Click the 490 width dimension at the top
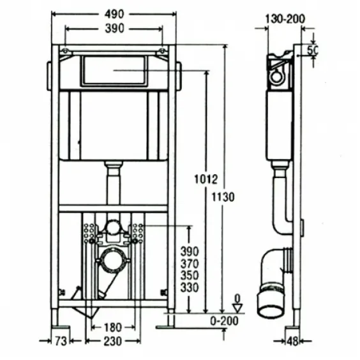(114, 14)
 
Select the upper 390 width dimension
(114, 29)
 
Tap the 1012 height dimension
(206, 179)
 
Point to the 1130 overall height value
(223, 197)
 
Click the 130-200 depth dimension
(285, 19)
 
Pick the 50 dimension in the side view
(313, 50)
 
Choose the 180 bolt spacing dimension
(113, 327)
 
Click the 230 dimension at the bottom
(113, 341)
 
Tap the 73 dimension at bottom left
(61, 341)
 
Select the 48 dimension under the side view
(292, 341)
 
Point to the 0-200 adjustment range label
(224, 321)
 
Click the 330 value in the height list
(190, 288)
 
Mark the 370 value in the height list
(190, 264)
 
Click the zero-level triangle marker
(237, 308)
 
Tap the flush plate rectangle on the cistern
(114, 70)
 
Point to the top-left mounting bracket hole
(65, 51)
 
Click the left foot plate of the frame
(61, 327)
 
